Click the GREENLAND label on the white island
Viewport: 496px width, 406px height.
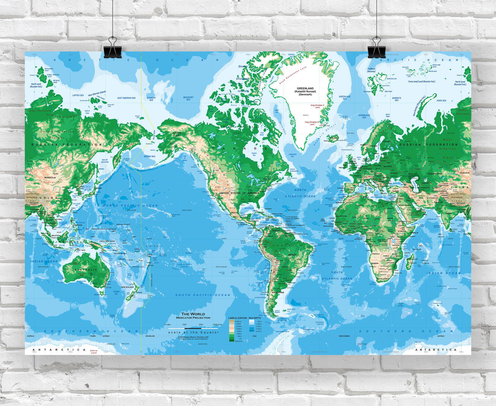click(305, 89)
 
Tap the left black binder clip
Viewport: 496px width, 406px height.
click(112, 48)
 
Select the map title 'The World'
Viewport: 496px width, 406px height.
click(193, 314)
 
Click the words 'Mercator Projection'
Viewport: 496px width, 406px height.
click(193, 318)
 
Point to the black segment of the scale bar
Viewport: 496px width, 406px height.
click(193, 328)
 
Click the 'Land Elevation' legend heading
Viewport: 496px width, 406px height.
click(238, 318)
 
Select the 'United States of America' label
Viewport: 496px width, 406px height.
click(239, 193)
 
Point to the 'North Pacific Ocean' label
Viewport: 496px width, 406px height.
click(131, 206)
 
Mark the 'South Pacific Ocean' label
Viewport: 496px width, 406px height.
click(203, 295)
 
